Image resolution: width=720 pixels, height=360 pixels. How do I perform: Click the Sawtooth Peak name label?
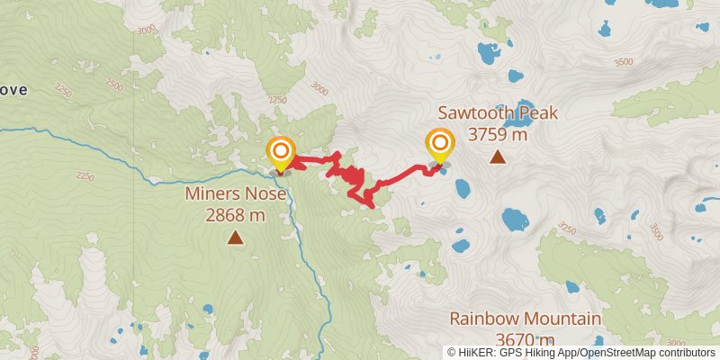(498, 113)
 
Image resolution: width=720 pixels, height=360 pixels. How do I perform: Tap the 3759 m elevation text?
(498, 135)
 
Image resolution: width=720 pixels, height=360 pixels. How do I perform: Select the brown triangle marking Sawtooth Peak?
(497, 157)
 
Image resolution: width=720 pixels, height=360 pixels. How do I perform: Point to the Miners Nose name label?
(235, 193)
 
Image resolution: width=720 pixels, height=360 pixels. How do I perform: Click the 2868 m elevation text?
(235, 215)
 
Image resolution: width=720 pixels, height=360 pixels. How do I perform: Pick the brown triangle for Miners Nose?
(235, 238)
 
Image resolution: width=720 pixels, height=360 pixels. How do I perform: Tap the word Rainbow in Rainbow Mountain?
(488, 319)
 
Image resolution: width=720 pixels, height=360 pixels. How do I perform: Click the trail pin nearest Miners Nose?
(281, 151)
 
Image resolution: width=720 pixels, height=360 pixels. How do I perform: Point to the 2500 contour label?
(114, 85)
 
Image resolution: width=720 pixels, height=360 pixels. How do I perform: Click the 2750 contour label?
(275, 100)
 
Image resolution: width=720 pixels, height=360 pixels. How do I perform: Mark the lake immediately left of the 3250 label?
(515, 219)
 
